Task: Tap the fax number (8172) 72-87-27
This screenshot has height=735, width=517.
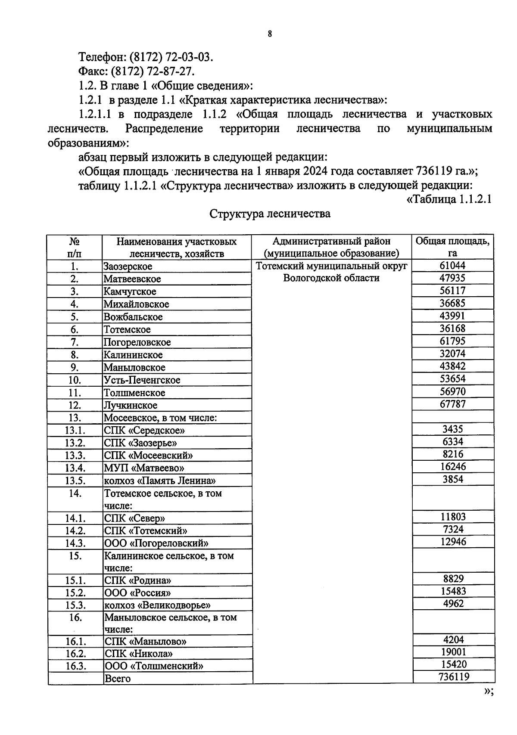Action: point(153,71)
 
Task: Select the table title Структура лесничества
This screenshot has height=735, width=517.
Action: point(270,214)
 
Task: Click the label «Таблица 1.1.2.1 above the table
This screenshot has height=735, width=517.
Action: point(449,200)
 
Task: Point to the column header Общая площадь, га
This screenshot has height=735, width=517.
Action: point(452,247)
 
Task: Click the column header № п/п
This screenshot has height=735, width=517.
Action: point(75,247)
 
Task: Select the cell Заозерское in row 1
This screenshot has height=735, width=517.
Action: point(128,267)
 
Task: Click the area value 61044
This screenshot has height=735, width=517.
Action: point(452,266)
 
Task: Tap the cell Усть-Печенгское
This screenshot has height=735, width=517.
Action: point(142,380)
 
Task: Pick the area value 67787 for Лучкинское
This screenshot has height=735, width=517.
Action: point(452,404)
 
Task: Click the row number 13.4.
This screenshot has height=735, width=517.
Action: point(75,468)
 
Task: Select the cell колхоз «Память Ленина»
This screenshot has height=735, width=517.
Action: point(160,481)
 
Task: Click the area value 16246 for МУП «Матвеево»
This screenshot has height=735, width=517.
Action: point(453,467)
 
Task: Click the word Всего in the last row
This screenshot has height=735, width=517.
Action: point(118,679)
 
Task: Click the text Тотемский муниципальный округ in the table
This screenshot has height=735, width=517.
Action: point(331,266)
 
